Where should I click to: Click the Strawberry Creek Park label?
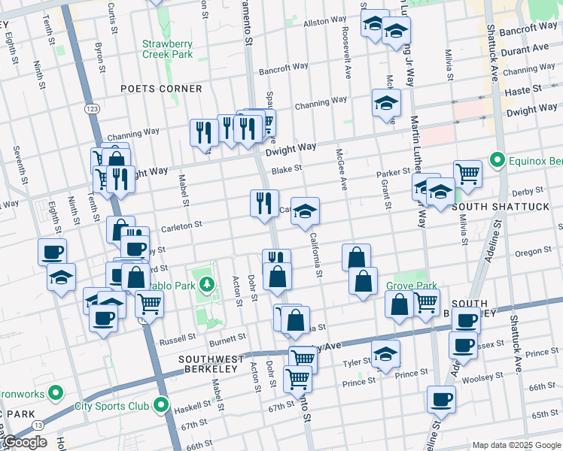[x=168, y=48]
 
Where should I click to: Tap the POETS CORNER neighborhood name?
[x=162, y=89]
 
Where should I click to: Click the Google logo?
[x=24, y=442]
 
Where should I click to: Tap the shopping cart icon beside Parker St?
[x=467, y=174]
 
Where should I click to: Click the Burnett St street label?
[x=227, y=340]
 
